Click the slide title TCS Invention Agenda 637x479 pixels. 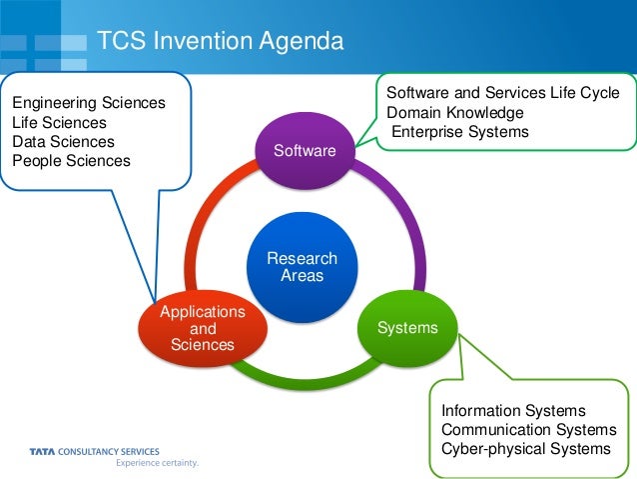220,41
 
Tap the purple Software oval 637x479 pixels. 306,150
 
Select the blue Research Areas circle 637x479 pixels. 302,266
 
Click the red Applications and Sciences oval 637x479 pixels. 202,328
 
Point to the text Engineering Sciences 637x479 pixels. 88,102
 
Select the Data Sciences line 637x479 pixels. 62,141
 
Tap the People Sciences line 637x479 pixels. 70,160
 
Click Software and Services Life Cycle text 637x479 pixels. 502,93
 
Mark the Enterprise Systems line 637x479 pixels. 459,131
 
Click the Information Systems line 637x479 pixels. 513,410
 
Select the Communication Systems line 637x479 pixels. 528,429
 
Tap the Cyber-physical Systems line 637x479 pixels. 525,448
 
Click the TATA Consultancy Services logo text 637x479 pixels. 94,452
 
